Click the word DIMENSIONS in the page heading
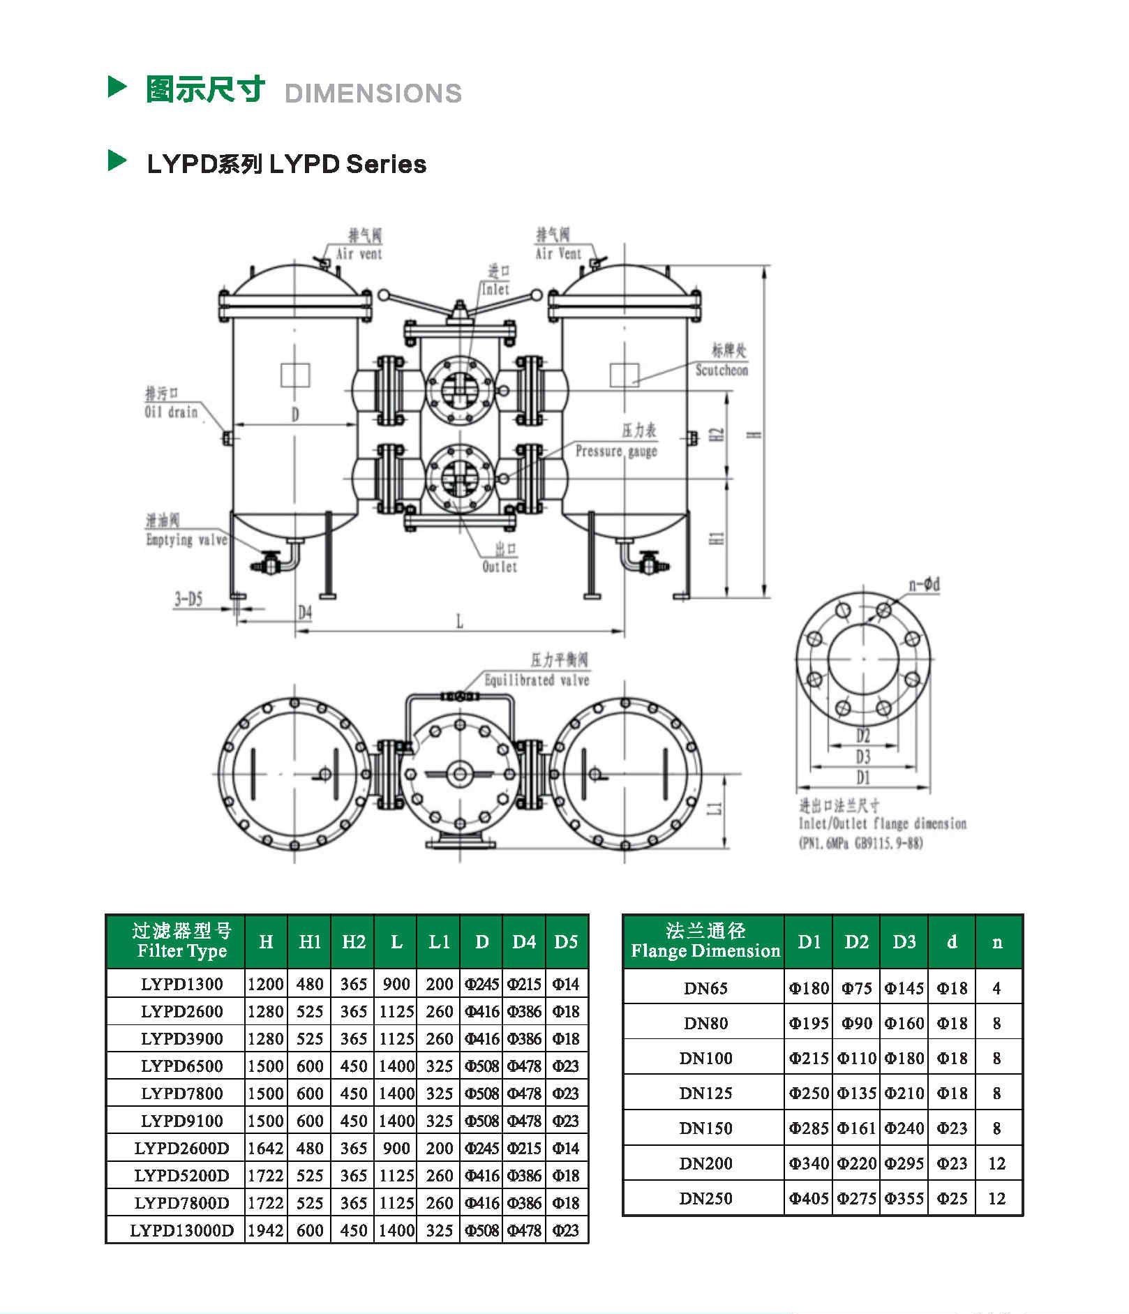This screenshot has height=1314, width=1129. click(x=373, y=94)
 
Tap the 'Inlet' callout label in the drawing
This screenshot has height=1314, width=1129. click(x=495, y=289)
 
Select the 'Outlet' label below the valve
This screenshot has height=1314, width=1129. click(x=500, y=567)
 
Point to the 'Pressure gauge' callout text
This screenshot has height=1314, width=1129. click(x=616, y=451)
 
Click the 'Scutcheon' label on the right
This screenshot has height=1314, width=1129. click(x=721, y=370)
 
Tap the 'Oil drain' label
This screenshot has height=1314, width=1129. click(x=171, y=412)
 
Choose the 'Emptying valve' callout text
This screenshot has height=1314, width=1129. click(x=186, y=539)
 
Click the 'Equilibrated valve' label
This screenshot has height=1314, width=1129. click(x=537, y=680)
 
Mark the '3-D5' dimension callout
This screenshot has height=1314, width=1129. click(x=188, y=599)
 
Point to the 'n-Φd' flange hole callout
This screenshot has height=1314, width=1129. click(x=924, y=584)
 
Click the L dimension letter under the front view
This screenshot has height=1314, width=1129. click(x=459, y=621)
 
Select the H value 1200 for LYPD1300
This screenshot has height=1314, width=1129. click(x=266, y=984)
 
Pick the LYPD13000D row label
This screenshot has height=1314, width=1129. click(x=181, y=1230)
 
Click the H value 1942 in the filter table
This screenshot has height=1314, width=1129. click(x=266, y=1230)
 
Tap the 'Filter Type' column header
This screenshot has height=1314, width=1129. click(x=181, y=950)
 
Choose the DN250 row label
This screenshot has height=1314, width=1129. click(x=705, y=1198)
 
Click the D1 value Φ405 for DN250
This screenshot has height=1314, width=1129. click(x=809, y=1198)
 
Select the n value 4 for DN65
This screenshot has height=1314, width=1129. click(x=996, y=988)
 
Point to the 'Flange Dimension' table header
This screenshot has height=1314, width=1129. click(x=705, y=950)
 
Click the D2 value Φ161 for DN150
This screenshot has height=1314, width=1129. click(x=856, y=1128)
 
